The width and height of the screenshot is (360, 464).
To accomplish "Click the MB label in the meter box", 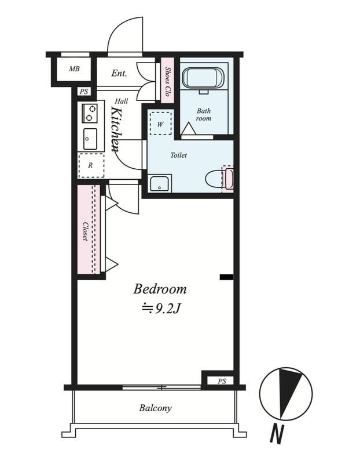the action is (74, 68).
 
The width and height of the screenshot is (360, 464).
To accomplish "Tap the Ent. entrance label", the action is (119, 73).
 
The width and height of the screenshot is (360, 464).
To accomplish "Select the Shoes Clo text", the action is (167, 81).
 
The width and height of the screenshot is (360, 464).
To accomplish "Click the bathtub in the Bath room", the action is (203, 78).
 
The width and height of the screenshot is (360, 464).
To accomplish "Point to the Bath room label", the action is (204, 114).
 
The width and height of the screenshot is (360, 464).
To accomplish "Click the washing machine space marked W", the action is (160, 124).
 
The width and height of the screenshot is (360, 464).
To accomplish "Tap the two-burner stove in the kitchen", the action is (90, 113).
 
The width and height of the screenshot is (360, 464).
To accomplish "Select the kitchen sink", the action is (90, 139).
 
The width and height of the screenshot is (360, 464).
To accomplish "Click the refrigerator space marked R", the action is (91, 165).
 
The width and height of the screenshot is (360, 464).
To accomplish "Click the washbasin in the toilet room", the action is (160, 183).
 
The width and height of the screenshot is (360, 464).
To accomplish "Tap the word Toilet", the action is (179, 155).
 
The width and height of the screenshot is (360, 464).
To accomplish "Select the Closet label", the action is (85, 231).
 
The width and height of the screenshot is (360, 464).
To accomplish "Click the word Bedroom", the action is (160, 289).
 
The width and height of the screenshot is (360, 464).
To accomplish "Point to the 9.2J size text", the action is (161, 309).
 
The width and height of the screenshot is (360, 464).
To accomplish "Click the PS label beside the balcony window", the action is (222, 381).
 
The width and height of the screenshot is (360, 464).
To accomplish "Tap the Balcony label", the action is (155, 408).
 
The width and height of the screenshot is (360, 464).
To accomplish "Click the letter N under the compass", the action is (277, 434).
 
